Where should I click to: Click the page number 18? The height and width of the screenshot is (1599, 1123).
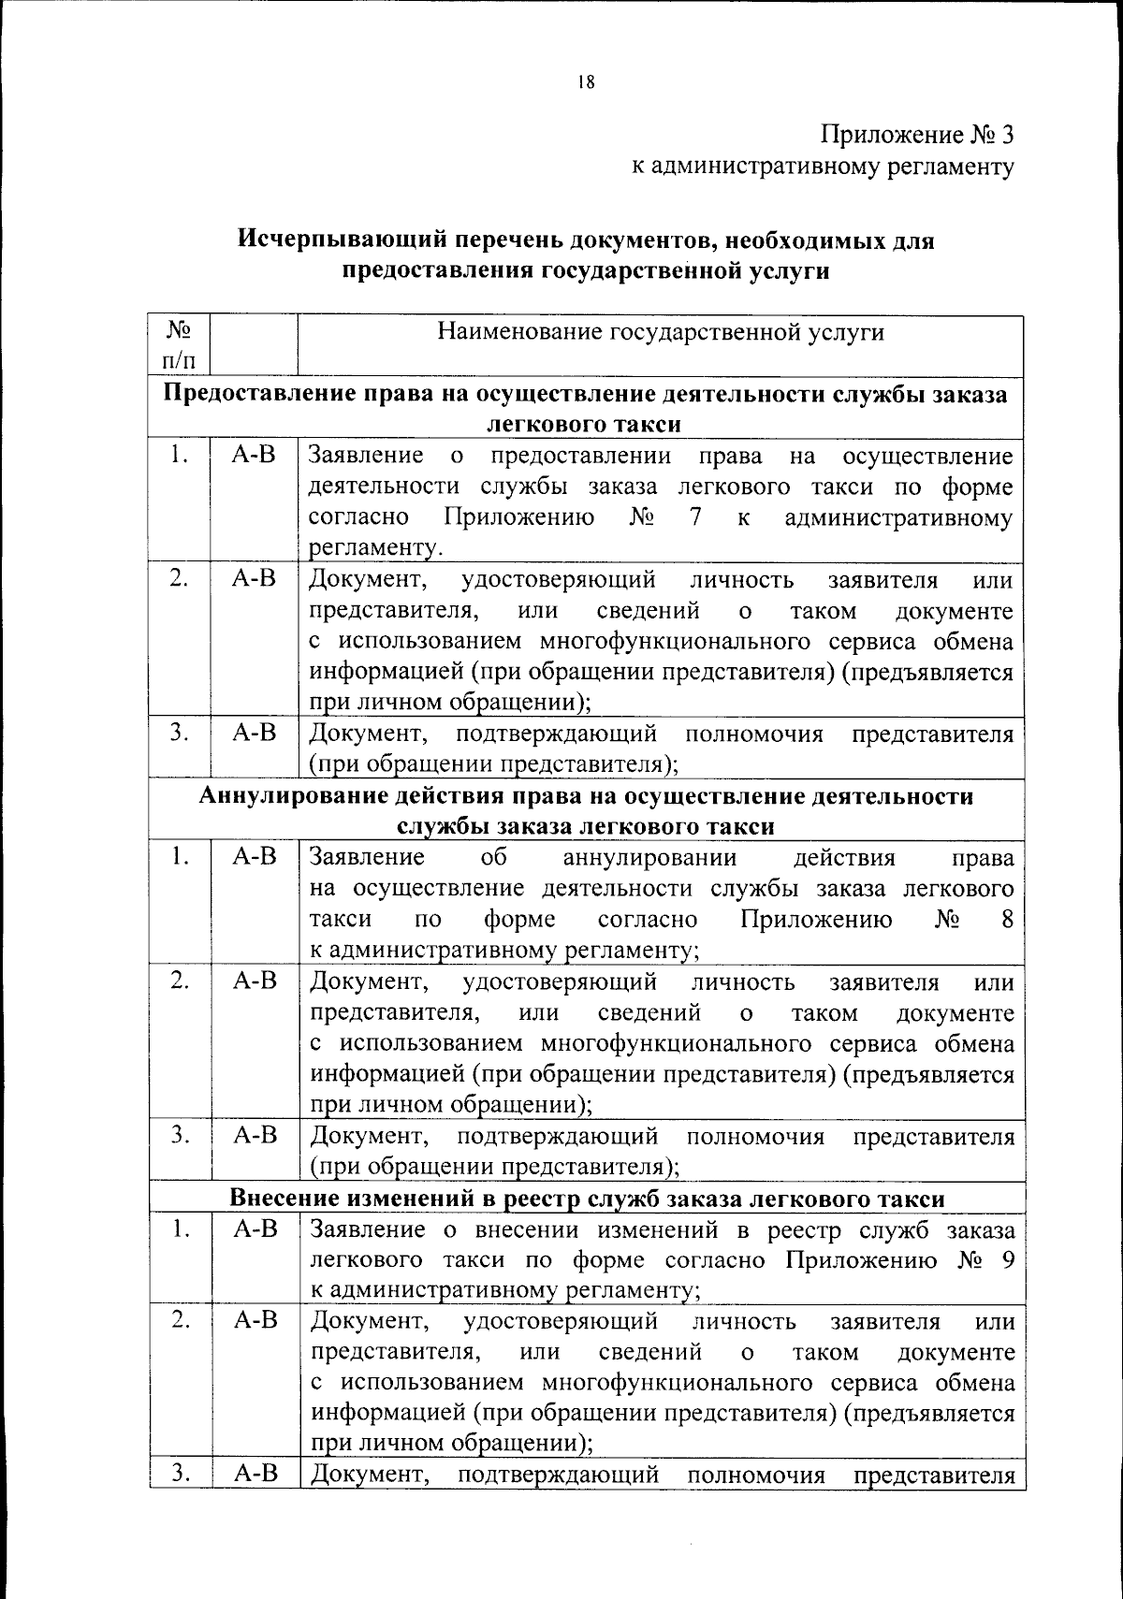(587, 81)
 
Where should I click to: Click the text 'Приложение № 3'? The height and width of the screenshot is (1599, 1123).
(917, 135)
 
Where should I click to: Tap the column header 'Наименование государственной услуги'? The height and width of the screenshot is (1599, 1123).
(661, 333)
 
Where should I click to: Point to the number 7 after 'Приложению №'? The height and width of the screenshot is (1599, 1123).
(694, 517)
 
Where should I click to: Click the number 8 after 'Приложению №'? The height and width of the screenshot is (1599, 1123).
(1007, 920)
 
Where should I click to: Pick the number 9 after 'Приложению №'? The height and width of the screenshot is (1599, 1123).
(1007, 1259)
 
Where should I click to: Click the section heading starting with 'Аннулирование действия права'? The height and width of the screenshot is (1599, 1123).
(586, 796)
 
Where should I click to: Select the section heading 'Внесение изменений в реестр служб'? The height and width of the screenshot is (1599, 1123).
(588, 1199)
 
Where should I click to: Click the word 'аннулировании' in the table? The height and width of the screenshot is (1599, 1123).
(650, 858)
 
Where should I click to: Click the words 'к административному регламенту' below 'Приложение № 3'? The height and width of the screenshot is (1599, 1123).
(823, 167)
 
